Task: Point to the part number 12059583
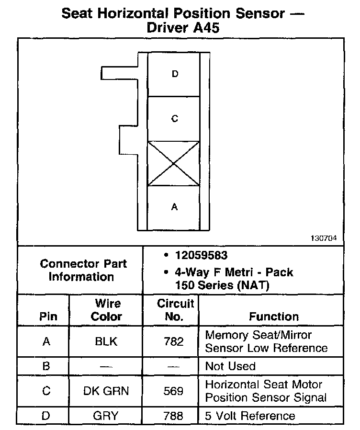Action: pyautogui.click(x=201, y=255)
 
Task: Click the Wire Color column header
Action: pyautogui.click(x=107, y=310)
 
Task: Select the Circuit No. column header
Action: pyautogui.click(x=175, y=310)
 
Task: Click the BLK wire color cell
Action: pyautogui.click(x=106, y=342)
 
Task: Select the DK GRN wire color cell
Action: pyautogui.click(x=106, y=391)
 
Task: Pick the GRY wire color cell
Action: pyautogui.click(x=106, y=416)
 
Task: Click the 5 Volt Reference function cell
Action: pyautogui.click(x=250, y=416)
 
